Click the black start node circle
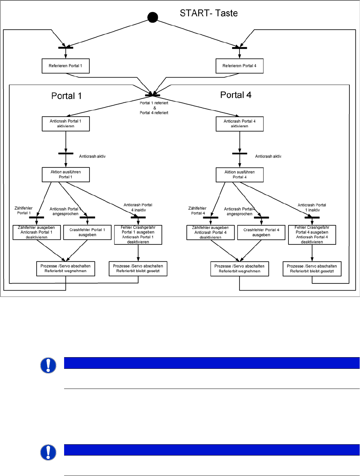[x=153, y=17]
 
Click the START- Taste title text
[x=209, y=13]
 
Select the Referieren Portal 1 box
[x=66, y=66]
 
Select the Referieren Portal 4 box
[x=240, y=66]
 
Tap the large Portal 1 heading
[x=66, y=96]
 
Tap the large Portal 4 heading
[x=236, y=95]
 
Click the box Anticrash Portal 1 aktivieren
[x=66, y=124]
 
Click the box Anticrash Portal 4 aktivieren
[x=240, y=124]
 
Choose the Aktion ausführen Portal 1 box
[x=66, y=175]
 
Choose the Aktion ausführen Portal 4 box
[x=240, y=175]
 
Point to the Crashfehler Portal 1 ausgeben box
[x=87, y=232]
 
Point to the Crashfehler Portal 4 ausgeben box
[x=261, y=232]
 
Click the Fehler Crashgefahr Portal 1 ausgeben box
[x=138, y=235]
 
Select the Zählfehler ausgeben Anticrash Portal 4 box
[x=210, y=232]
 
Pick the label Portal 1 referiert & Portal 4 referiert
[x=154, y=108]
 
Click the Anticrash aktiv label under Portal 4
[x=268, y=156]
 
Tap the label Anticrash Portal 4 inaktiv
[x=138, y=207]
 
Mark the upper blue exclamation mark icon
[x=48, y=365]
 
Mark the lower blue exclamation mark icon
[x=48, y=452]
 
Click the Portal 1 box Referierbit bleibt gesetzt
[x=138, y=269]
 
